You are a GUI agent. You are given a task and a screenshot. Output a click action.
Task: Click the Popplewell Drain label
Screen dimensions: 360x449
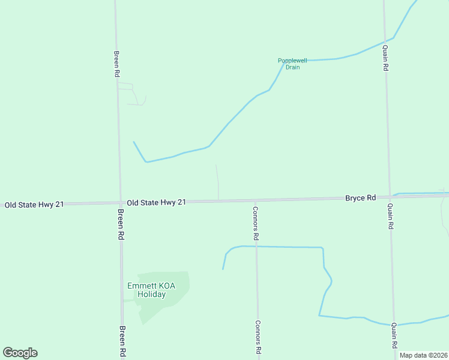292,64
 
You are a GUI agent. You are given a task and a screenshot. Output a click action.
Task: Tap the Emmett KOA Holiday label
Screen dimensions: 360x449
151,290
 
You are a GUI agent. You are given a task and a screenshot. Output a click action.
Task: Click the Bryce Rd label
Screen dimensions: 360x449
360,197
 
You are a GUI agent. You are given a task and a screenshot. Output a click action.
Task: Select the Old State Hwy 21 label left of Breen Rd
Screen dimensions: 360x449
34,205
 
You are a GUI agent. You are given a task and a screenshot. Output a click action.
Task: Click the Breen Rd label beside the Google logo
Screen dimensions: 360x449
122,341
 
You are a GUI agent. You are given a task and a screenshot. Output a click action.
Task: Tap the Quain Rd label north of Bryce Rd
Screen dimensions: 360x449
385,58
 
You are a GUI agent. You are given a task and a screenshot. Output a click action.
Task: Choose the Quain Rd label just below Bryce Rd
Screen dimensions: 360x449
390,217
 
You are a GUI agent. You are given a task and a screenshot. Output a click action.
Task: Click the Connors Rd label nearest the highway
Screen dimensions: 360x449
256,223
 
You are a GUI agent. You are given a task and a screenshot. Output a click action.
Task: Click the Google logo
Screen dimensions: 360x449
20,353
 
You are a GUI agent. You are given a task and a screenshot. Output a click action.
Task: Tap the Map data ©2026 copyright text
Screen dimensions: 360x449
424,355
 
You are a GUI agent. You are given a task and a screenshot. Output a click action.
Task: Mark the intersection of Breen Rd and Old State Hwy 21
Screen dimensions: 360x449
120,203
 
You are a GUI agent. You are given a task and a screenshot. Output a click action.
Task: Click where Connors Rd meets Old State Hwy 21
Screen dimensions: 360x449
255,200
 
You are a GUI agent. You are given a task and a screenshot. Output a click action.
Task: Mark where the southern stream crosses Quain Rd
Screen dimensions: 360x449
393,324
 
